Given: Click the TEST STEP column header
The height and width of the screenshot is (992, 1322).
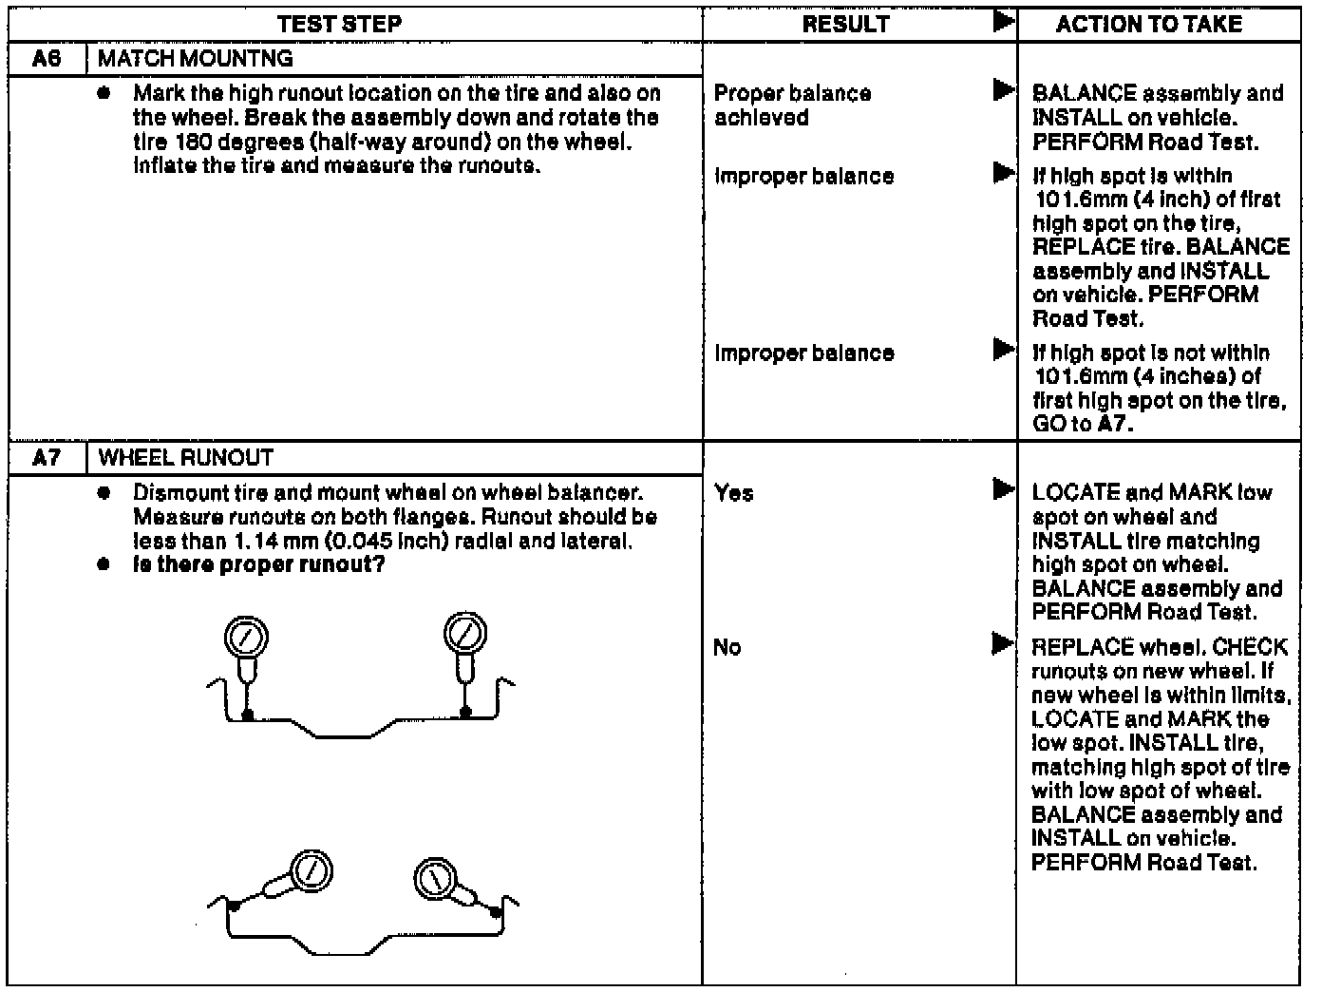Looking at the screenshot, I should [x=340, y=25].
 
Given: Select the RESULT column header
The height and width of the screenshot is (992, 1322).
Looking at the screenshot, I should [x=845, y=25].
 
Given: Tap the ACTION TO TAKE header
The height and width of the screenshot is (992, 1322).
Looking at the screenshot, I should [x=1148, y=25].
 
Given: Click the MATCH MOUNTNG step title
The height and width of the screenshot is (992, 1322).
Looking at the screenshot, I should [x=196, y=59].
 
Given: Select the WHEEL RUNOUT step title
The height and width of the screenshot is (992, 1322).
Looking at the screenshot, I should [x=186, y=458].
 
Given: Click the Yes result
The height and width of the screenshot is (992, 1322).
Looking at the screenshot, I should [x=733, y=493].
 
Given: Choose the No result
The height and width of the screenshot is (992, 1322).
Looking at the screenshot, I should [x=727, y=648].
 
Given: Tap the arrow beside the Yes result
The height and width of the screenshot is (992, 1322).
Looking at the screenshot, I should [x=1002, y=490].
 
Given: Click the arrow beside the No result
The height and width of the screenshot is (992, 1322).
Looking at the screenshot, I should [x=1002, y=645].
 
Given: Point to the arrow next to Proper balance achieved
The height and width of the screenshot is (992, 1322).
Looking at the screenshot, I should [x=1002, y=91].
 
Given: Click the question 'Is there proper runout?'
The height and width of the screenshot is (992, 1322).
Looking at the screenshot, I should [x=258, y=565].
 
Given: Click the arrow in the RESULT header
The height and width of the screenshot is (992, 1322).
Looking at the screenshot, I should [x=1002, y=21].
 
